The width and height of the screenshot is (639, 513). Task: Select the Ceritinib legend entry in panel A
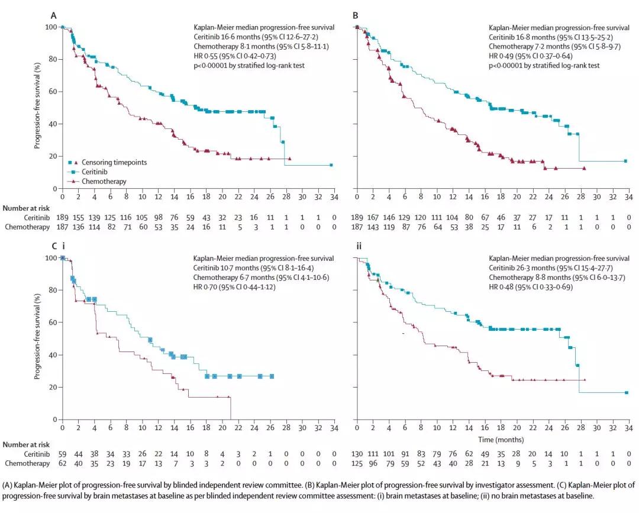89,172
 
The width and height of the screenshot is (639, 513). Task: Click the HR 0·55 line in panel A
241,56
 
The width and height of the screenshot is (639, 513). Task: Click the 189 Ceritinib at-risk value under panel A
62,217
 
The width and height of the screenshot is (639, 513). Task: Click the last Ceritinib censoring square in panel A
331,165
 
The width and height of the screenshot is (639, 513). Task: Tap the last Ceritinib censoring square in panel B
626,161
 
